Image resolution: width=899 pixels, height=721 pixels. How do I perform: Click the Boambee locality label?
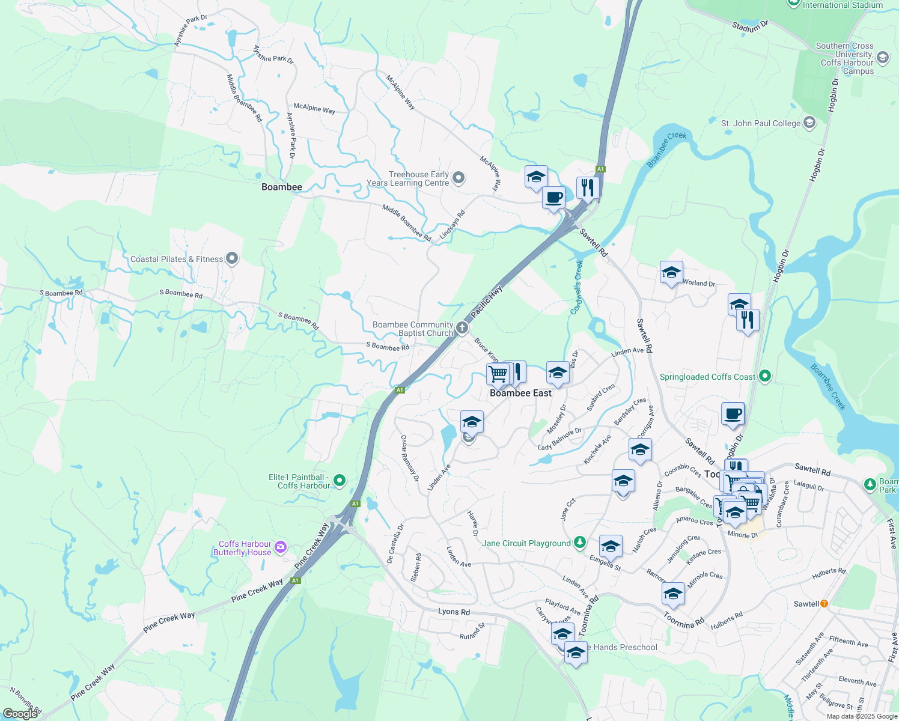tap(282, 187)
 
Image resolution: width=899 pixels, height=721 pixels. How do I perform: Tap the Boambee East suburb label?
tap(520, 393)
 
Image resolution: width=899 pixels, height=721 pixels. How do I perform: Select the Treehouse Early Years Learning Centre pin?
tap(459, 177)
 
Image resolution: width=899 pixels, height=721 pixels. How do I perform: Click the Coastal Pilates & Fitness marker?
tap(233, 259)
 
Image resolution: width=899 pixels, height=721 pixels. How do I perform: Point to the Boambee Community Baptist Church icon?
tap(462, 327)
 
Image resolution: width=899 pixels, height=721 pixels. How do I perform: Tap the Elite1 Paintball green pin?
tap(340, 480)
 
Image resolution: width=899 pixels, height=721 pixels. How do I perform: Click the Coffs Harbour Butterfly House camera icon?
tap(280, 547)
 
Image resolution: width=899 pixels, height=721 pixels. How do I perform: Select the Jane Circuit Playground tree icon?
tap(579, 543)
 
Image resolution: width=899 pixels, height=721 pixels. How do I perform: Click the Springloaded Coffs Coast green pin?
tap(764, 377)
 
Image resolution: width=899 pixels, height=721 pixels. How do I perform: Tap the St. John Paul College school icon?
tap(809, 123)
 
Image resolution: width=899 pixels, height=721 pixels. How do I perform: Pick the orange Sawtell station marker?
tap(824, 603)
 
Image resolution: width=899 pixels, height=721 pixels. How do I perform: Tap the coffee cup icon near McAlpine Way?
tap(553, 196)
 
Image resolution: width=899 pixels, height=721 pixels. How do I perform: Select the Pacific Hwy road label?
tap(486, 302)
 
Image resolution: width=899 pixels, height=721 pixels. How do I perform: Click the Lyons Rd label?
tap(454, 612)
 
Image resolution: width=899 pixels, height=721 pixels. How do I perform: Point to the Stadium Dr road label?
tap(750, 26)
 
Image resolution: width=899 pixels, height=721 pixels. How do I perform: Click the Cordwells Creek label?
tap(577, 287)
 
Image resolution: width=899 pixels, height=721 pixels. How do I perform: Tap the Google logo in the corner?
tap(20, 713)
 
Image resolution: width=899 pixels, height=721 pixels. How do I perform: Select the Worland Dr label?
tap(699, 283)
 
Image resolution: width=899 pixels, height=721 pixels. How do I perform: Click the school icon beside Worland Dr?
tap(671, 273)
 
